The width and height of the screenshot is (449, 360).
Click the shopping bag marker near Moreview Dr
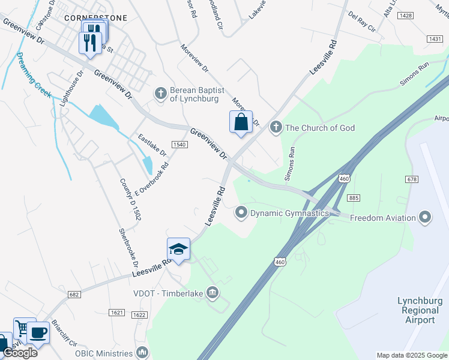click(241, 122)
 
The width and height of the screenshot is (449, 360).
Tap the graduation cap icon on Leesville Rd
click(178, 249)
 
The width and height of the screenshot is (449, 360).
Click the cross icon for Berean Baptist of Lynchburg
click(160, 93)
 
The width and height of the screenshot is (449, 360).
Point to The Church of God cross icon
click(276, 127)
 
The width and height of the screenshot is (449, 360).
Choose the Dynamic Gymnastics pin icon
click(241, 212)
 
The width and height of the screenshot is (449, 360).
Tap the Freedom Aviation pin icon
click(426, 217)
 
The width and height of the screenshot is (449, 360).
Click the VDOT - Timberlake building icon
click(212, 293)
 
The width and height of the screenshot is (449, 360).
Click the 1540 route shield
click(179, 145)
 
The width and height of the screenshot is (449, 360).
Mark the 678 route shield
click(412, 179)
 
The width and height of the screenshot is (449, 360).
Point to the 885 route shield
click(354, 198)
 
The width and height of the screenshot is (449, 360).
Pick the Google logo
click(20, 352)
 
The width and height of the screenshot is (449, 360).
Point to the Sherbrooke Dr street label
click(128, 247)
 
